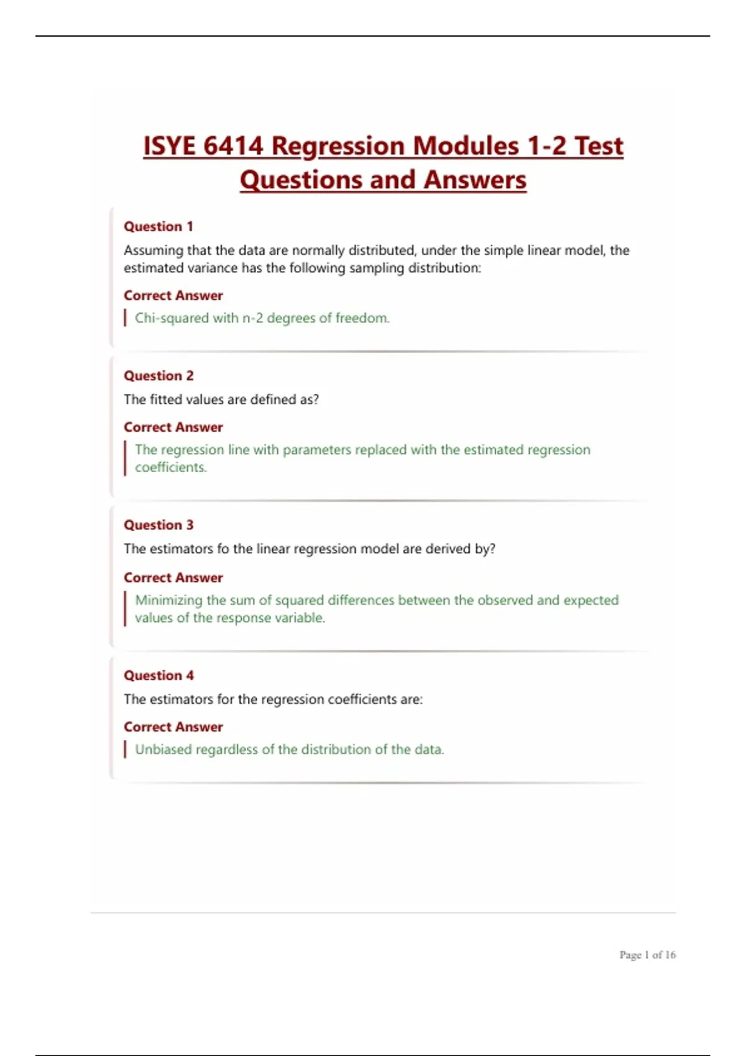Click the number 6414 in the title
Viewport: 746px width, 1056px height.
point(233,146)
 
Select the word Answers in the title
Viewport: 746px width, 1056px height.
point(475,180)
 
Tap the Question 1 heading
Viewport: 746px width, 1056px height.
point(159,226)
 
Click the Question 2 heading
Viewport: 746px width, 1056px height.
point(159,376)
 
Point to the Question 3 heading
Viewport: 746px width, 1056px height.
point(159,525)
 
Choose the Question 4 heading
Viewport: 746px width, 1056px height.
point(159,675)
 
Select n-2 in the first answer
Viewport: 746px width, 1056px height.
point(252,318)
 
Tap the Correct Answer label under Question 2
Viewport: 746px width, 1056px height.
point(173,427)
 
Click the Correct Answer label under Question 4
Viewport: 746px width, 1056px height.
point(173,727)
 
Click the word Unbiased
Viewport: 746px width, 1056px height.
point(163,750)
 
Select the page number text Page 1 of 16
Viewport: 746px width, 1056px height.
point(647,955)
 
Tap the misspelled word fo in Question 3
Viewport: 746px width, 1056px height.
point(223,549)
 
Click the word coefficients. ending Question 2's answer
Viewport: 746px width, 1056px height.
point(170,467)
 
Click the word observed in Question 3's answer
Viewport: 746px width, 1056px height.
point(505,600)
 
